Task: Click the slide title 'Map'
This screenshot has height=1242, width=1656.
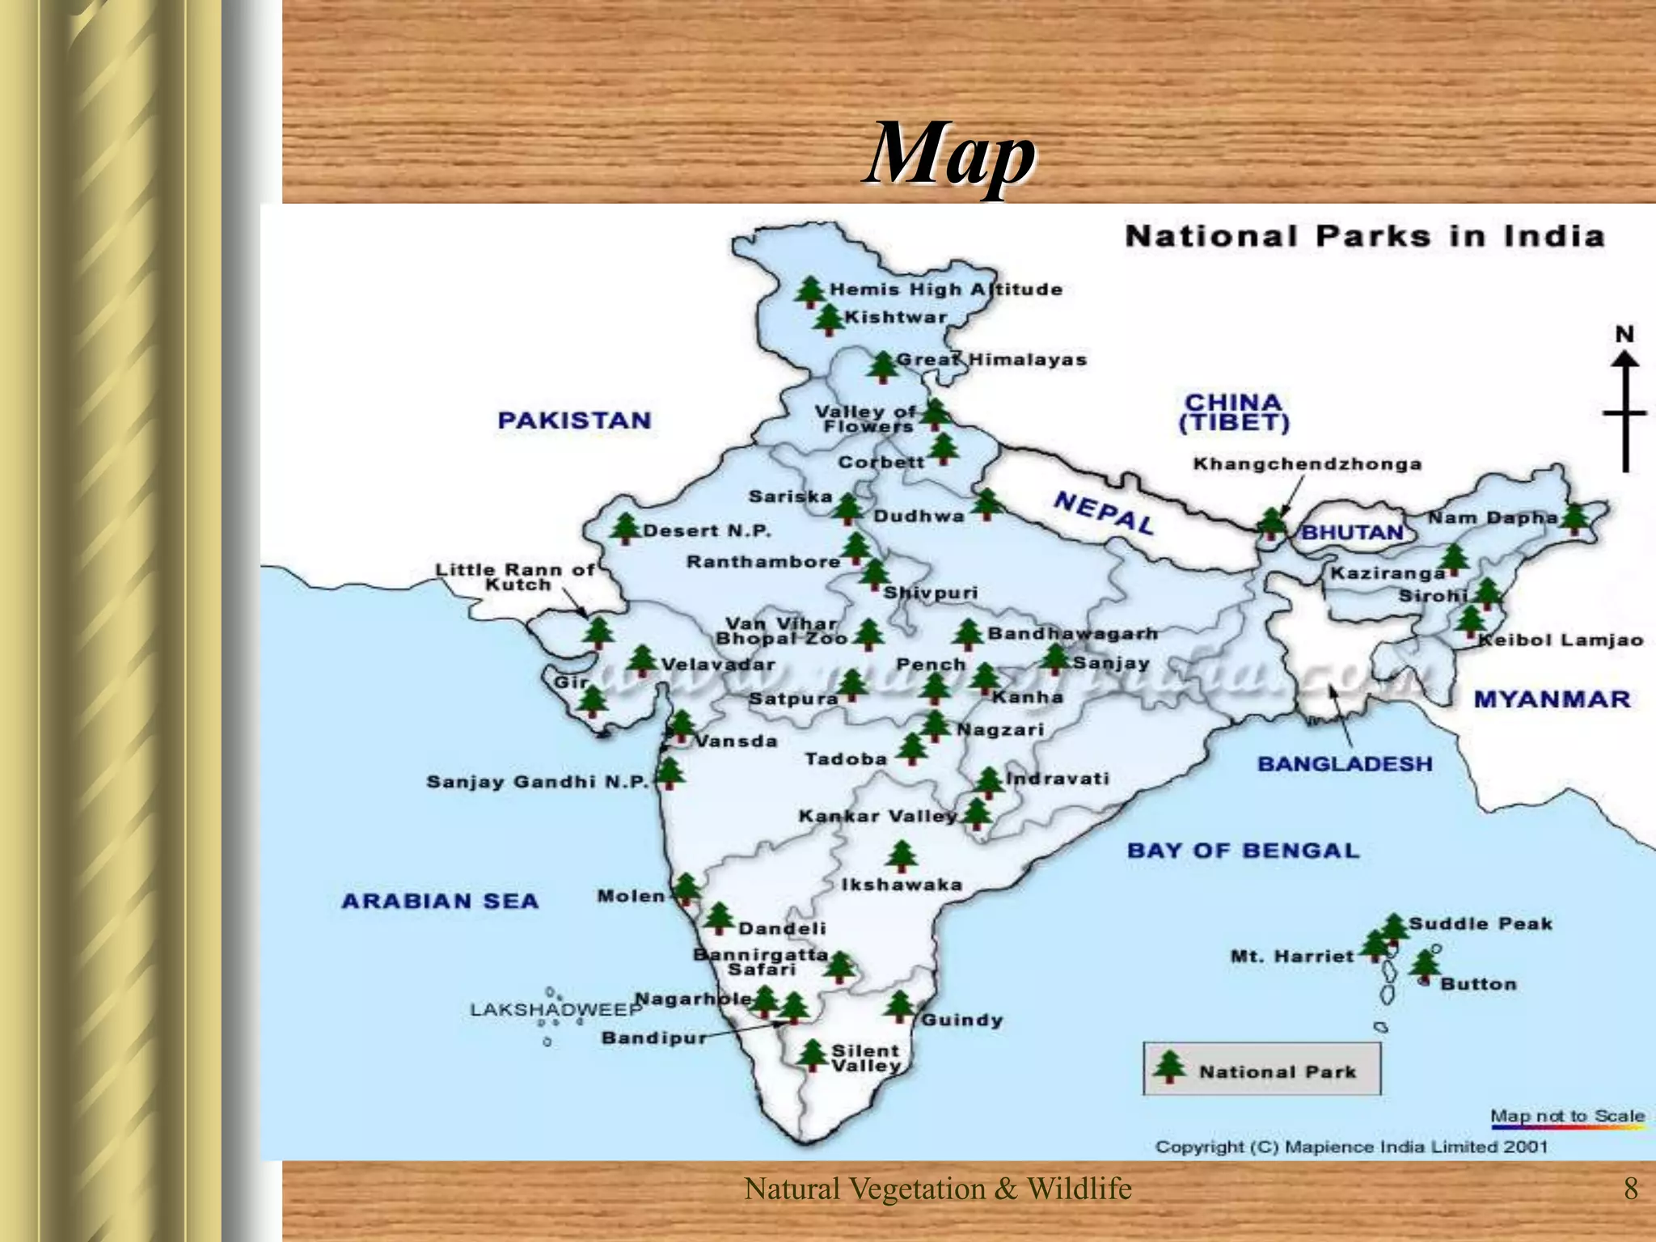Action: click(949, 154)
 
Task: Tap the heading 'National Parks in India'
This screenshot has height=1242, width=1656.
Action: click(1364, 236)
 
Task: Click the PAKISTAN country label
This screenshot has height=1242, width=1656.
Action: click(574, 420)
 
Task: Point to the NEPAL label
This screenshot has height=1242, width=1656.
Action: click(1104, 513)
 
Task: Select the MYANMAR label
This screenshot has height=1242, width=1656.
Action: click(1552, 699)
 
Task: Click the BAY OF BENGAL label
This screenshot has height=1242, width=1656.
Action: click(1243, 851)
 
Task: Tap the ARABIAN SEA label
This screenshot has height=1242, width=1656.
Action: click(440, 901)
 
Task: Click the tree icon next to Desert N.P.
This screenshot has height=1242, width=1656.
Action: click(624, 528)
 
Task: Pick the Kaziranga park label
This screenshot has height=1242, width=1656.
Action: click(1388, 573)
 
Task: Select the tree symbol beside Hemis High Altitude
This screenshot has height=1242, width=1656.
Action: click(809, 292)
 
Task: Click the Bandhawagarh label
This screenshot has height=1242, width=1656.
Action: click(1072, 633)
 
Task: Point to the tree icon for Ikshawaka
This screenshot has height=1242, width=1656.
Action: click(901, 856)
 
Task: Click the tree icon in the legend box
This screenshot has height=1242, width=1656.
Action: click(1169, 1067)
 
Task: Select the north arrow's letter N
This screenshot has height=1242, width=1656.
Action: click(1624, 334)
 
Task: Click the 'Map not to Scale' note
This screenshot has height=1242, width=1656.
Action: click(1567, 1116)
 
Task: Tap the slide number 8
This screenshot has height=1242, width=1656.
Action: click(1631, 1189)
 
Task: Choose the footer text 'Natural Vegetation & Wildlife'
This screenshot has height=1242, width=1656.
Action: click(937, 1189)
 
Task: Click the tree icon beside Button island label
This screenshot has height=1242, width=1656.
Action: click(1425, 964)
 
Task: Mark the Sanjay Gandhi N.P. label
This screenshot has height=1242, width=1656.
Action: click(538, 782)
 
